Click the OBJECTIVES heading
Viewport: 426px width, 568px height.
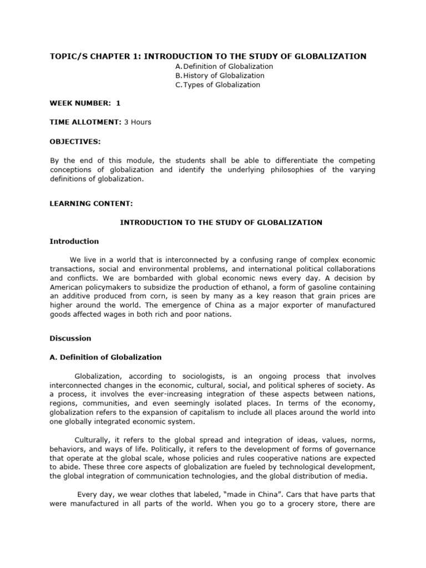pyautogui.click(x=75, y=141)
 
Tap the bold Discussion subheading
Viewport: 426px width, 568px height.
pyautogui.click(x=70, y=338)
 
